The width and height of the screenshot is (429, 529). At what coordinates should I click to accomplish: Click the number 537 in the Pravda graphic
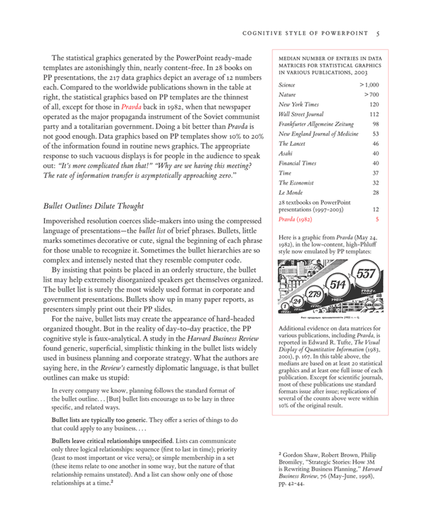367,273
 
